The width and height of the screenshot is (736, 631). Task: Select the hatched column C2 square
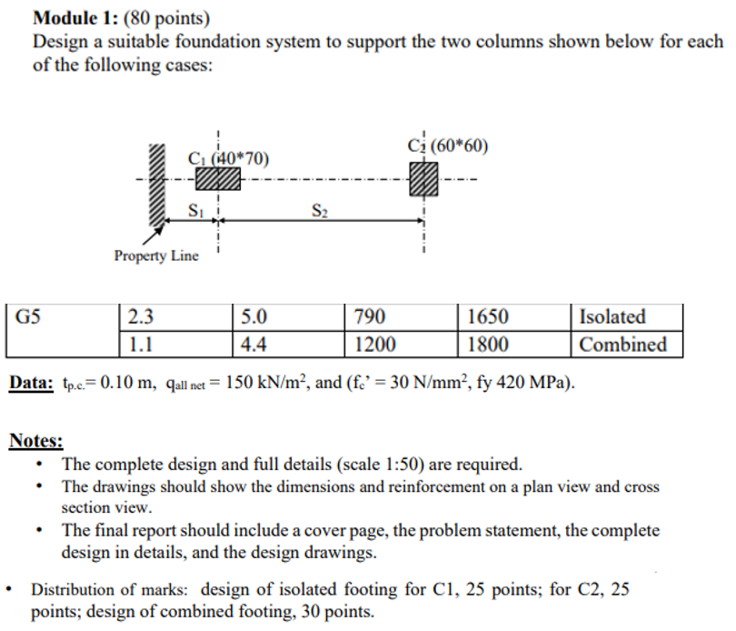[423, 179]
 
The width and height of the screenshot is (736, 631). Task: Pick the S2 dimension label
[319, 212]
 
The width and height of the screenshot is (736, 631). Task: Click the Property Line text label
[156, 255]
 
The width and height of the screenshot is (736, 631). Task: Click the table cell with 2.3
[142, 317]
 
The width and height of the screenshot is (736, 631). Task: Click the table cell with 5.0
[254, 317]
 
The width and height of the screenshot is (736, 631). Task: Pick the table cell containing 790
[370, 317]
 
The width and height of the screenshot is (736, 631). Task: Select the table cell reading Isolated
[612, 317]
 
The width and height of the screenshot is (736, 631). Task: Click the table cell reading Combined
[622, 345]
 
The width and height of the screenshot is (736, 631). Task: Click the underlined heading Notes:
[35, 441]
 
